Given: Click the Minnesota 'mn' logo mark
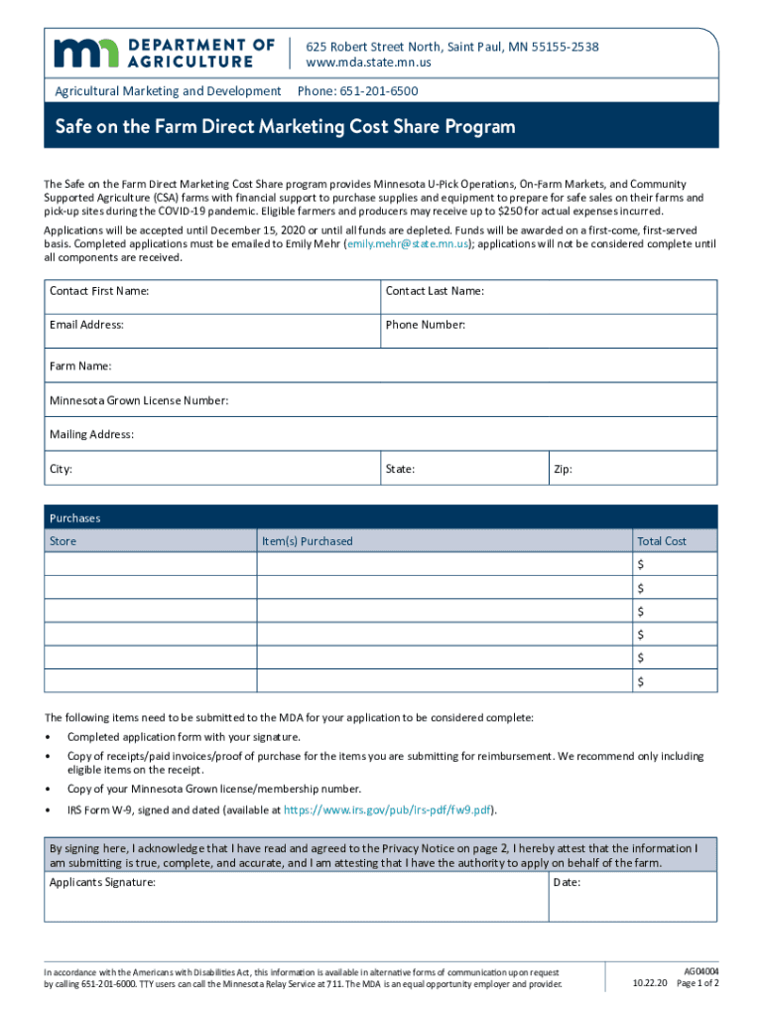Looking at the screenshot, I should (85, 54).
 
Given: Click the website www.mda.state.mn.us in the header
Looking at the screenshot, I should (368, 63).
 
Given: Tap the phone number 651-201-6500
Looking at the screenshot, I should (379, 91).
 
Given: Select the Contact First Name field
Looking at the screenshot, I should (213, 297).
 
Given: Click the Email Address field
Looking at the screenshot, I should (213, 331).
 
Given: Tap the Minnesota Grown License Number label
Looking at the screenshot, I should (140, 401).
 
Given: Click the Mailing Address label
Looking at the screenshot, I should (92, 435).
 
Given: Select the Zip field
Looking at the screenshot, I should (632, 468).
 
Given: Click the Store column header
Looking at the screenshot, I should (64, 541).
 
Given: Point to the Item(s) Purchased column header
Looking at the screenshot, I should (307, 541).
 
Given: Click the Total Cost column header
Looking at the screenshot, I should (662, 541).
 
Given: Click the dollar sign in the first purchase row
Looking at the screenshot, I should (641, 564).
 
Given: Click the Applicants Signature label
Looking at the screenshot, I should (102, 882).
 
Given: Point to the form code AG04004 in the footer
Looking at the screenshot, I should (701, 969).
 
